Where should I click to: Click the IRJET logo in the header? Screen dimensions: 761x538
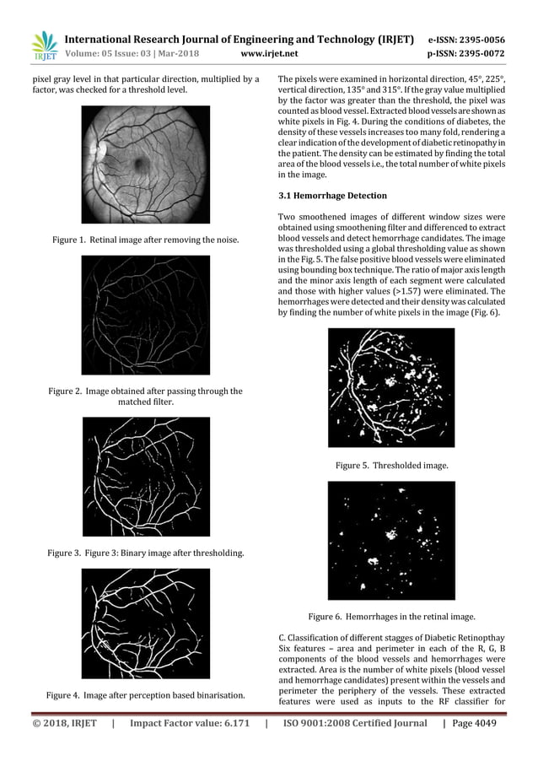click(x=43, y=47)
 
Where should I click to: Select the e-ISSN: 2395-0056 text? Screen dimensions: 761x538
click(x=466, y=39)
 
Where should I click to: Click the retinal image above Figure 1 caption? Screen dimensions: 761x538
click(x=145, y=165)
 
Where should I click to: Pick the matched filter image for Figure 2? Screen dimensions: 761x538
click(x=145, y=315)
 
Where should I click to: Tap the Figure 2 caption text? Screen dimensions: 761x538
click(x=145, y=397)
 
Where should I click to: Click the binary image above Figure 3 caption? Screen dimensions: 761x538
click(x=145, y=477)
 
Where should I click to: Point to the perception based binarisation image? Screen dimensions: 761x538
click(x=145, y=623)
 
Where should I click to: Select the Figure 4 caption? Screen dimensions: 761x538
click(x=145, y=695)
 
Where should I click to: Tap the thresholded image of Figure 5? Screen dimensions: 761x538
click(x=391, y=387)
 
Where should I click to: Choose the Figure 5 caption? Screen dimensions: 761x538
click(x=391, y=465)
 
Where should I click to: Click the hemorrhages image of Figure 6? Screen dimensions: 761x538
click(x=391, y=540)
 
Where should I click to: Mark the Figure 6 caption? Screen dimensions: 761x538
click(x=391, y=617)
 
